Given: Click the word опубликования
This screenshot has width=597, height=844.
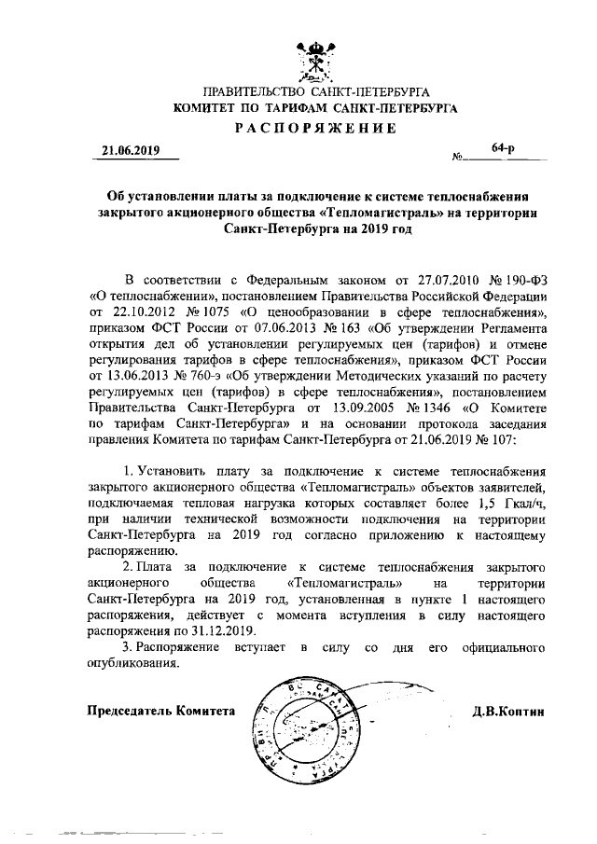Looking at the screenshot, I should tap(132, 664).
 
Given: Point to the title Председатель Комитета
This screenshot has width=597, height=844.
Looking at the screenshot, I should tap(160, 711).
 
